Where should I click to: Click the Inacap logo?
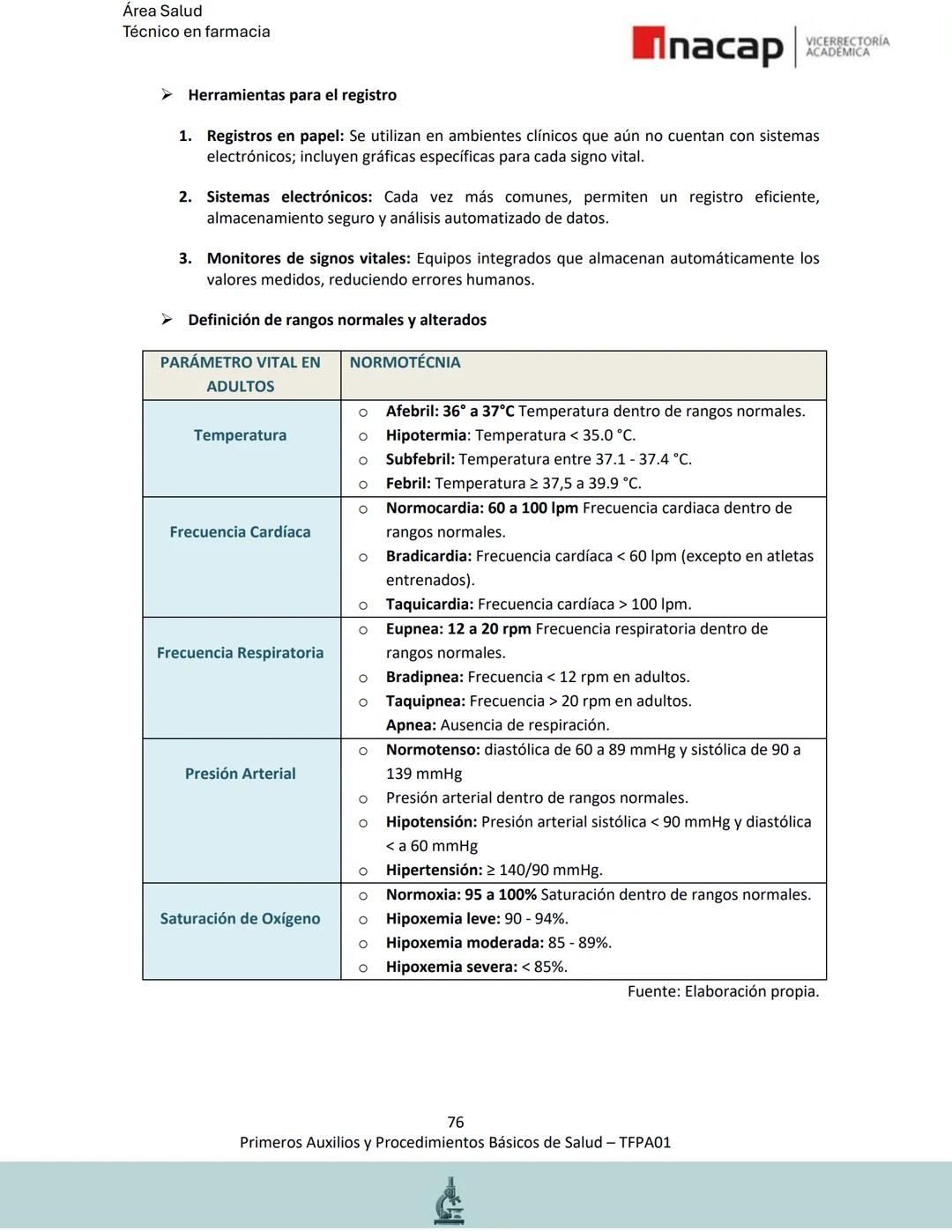(x=707, y=47)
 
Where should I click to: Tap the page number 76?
(x=455, y=1122)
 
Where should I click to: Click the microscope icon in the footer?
(x=450, y=1200)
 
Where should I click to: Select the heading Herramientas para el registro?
(x=292, y=95)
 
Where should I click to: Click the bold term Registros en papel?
(x=274, y=136)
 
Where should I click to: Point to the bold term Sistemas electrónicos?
(x=289, y=197)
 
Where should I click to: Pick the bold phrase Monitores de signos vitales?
(x=309, y=258)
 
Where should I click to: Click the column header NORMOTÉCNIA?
(x=405, y=362)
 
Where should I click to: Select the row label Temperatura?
(x=240, y=435)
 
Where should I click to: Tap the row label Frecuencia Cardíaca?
(x=240, y=532)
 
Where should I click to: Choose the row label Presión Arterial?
(x=240, y=774)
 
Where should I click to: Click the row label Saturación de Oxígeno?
(x=240, y=918)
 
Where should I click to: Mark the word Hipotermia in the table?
(x=426, y=435)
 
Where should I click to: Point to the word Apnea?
(x=410, y=725)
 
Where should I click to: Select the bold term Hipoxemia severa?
(x=450, y=967)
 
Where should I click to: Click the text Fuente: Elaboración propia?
(x=723, y=991)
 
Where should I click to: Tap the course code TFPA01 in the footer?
(x=644, y=1143)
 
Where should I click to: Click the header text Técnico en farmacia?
(x=196, y=32)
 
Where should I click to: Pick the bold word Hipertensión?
(x=433, y=871)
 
